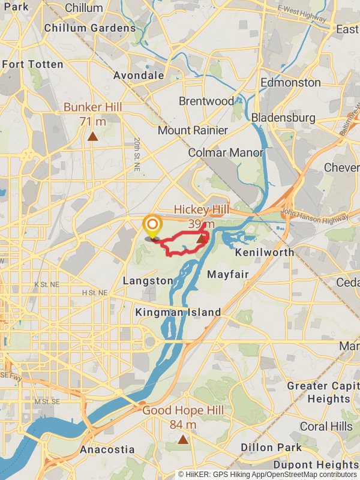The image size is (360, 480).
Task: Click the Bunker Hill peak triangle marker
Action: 92,136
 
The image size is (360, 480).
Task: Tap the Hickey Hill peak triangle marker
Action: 201,238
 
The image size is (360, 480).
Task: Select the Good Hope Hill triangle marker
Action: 183,440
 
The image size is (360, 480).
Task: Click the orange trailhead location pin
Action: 152,227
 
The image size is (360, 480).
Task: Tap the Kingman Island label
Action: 178,312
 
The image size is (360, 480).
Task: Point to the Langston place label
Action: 148,281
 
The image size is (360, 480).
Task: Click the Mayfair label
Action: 227,274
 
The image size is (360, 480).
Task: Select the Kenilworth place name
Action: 265,252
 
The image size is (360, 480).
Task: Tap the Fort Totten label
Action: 32,64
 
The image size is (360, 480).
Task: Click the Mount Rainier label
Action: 193,130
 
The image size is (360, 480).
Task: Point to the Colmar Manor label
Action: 226,152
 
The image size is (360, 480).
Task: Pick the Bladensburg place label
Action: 283,118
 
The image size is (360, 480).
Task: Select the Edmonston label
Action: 291,82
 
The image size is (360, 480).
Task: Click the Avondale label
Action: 139,76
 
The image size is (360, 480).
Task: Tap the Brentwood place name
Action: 206,101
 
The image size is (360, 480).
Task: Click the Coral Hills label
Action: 326,426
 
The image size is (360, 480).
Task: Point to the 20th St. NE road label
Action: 137,151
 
